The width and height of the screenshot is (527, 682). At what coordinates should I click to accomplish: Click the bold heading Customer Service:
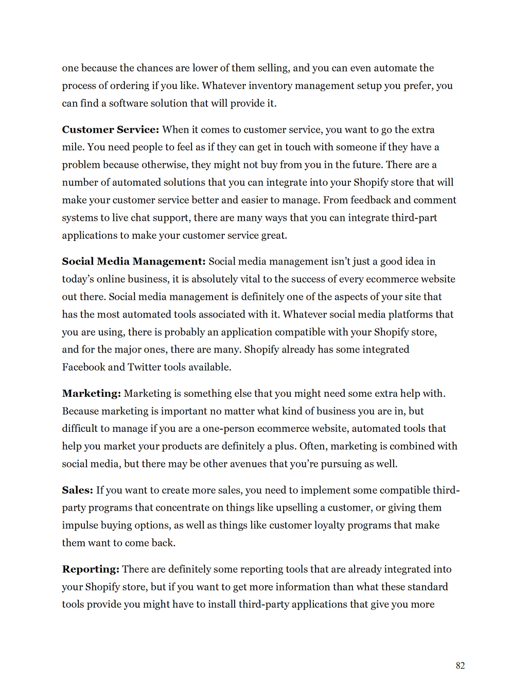[x=111, y=130]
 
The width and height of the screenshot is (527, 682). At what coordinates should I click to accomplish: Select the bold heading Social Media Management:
[x=134, y=261]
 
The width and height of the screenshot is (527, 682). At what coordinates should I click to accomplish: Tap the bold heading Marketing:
[x=92, y=394]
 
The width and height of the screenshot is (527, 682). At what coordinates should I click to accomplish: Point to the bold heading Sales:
[x=78, y=491]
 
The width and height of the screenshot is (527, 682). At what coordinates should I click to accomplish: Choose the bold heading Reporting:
[x=91, y=569]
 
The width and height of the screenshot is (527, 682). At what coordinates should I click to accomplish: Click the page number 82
[x=460, y=666]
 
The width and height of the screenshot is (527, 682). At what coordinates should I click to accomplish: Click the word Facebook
[x=83, y=367]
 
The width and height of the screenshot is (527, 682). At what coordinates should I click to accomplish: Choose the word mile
[x=72, y=147]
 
